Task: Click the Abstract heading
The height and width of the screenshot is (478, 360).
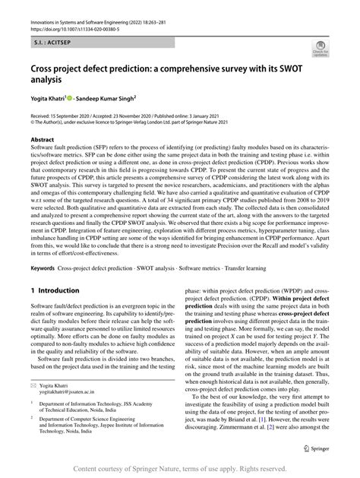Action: pos(43,141)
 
